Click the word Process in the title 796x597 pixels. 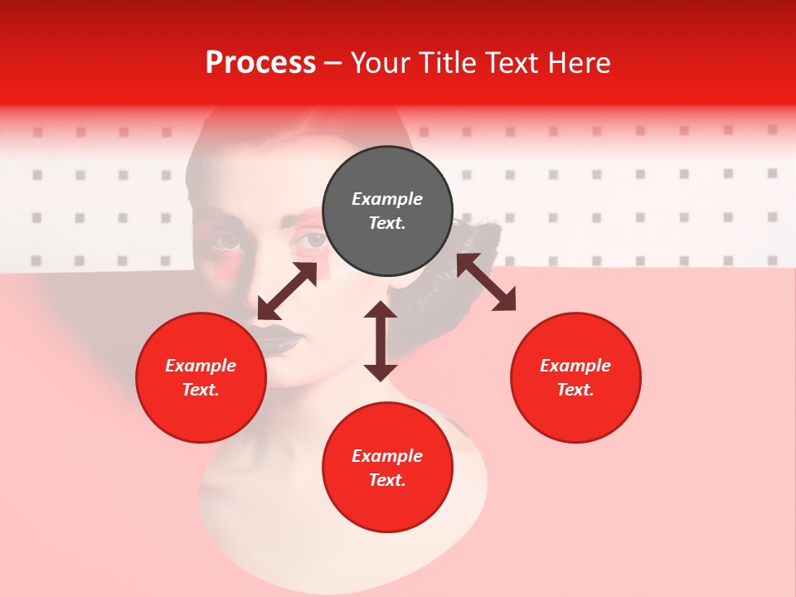260,63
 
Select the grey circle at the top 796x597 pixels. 387,211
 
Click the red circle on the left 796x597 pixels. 201,377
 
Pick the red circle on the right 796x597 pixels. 575,377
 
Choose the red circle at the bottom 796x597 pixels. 387,468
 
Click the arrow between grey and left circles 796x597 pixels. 287,291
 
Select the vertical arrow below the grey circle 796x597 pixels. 381,341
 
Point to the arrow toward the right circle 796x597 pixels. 486,282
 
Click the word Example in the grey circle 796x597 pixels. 387,199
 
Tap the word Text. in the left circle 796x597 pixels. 201,390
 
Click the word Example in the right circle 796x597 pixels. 575,366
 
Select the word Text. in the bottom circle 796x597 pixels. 387,480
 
